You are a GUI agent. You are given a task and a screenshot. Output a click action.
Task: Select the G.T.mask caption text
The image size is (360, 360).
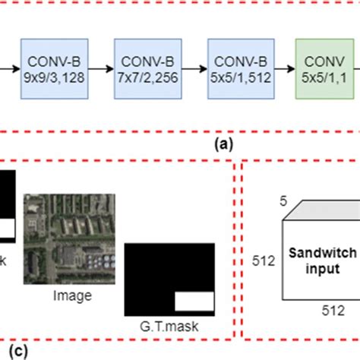(169, 329)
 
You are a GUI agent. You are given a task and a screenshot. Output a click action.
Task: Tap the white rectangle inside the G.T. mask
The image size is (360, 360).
(195, 302)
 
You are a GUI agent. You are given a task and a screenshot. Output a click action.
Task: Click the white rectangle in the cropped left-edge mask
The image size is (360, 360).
(6, 229)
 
